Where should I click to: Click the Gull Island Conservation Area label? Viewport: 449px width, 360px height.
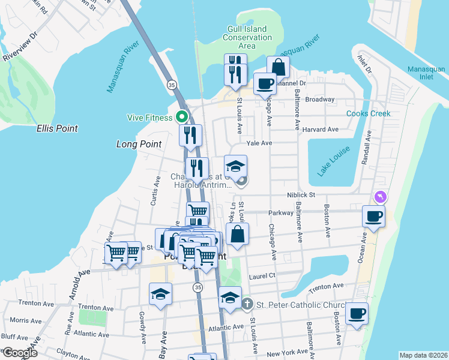click(x=247, y=37)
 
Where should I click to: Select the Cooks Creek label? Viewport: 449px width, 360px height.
click(x=368, y=113)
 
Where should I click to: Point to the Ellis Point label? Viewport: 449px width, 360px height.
click(x=57, y=128)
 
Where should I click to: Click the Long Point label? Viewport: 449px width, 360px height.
click(x=139, y=144)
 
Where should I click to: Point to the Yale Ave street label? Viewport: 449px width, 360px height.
click(x=259, y=143)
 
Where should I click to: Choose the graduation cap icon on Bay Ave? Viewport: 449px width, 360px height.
click(x=160, y=293)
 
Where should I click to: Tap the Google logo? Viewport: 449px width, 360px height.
click(x=20, y=353)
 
